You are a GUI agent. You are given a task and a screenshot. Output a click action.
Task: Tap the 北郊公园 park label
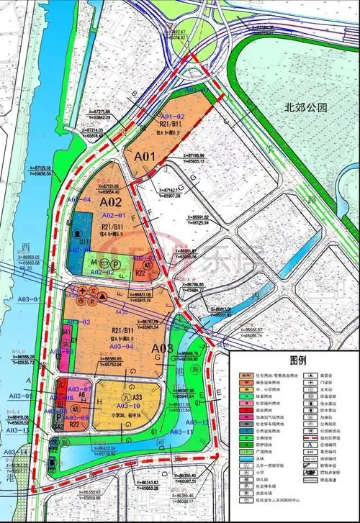tap(306, 108)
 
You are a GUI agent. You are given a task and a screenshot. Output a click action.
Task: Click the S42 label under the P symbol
tap(57, 427)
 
